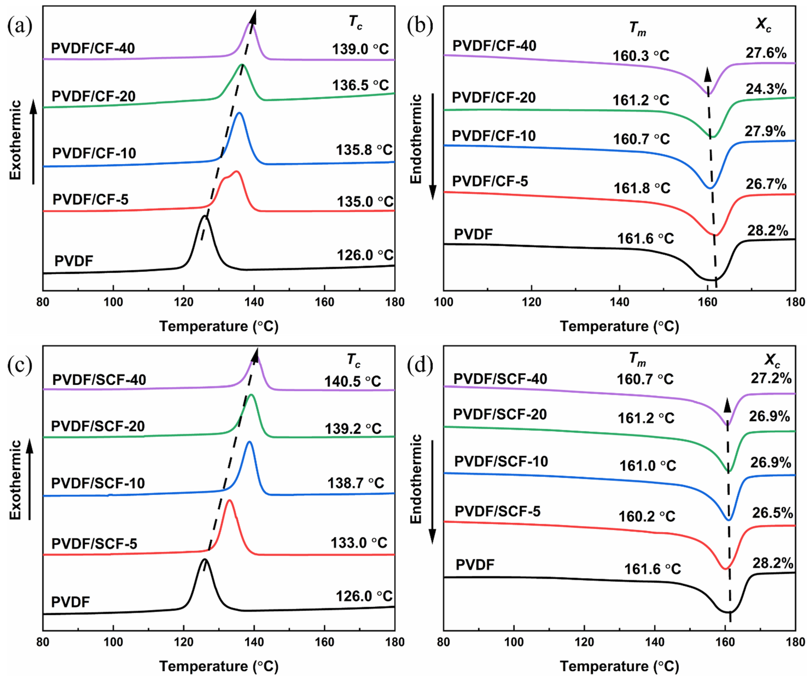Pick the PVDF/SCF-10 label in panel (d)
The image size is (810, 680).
(501, 461)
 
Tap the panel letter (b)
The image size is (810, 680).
(420, 26)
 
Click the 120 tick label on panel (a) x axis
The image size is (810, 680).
(183, 302)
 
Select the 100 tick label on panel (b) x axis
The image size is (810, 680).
(444, 302)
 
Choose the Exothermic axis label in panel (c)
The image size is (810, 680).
(15, 480)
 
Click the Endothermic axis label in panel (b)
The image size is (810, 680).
(416, 139)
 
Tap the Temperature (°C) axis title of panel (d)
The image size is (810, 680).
(619, 666)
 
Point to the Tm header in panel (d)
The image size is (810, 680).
(637, 360)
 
